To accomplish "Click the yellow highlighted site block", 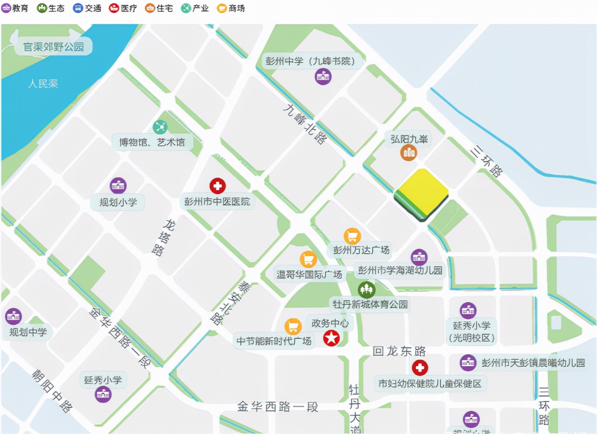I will pyautogui.click(x=421, y=194).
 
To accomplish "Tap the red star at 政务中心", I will pyautogui.click(x=331, y=338).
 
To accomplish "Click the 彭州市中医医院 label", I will pyautogui.click(x=217, y=201).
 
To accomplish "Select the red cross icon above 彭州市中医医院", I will pyautogui.click(x=217, y=186).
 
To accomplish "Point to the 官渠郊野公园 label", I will pyautogui.click(x=53, y=47).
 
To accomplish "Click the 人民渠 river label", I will pyautogui.click(x=43, y=84).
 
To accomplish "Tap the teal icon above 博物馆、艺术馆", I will pyautogui.click(x=160, y=127).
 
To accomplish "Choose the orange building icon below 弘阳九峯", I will pyautogui.click(x=408, y=153).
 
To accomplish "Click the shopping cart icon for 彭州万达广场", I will pyautogui.click(x=352, y=236).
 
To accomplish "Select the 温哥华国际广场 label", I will pyautogui.click(x=309, y=274).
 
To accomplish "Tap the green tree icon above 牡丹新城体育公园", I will pyautogui.click(x=367, y=289).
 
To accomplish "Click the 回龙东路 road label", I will pyautogui.click(x=399, y=351).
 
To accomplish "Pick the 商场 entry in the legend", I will pyautogui.click(x=231, y=8).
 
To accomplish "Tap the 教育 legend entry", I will pyautogui.click(x=16, y=8).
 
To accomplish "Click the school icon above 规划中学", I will pyautogui.click(x=13, y=316).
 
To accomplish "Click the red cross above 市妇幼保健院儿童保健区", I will pyautogui.click(x=420, y=368).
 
